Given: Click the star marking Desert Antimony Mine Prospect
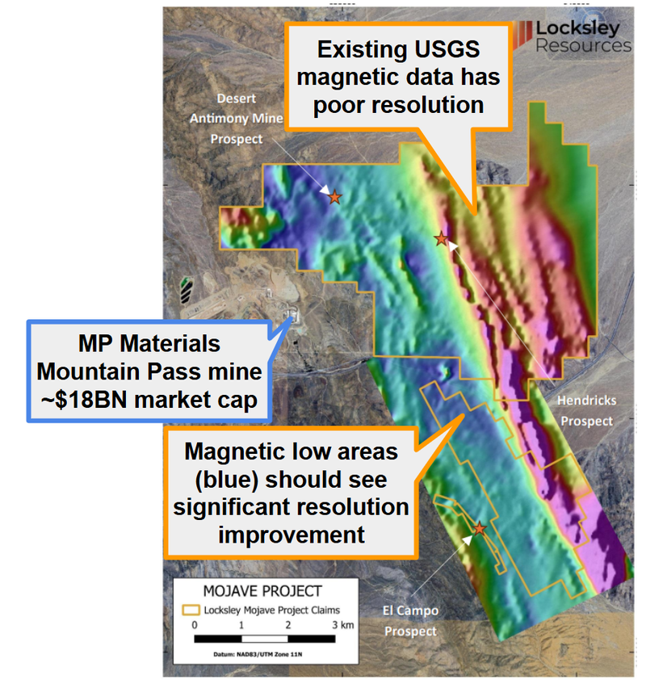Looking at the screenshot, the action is [x=334, y=197].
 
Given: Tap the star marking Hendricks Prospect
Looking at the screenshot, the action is [x=442, y=238].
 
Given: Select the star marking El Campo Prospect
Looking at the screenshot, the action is [x=480, y=529].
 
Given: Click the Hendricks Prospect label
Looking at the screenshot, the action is [x=587, y=410].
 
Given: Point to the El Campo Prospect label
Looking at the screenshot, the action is [x=410, y=621].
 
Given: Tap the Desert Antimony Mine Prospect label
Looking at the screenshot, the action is [x=237, y=119].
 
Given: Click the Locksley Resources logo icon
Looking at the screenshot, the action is [x=522, y=35].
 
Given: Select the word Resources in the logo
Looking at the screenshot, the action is [x=583, y=45].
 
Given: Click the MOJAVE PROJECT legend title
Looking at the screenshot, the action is [x=262, y=591].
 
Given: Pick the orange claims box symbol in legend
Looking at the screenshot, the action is [x=191, y=610].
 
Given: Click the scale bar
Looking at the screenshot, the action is [x=265, y=639].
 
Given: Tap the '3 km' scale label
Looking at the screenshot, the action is [x=343, y=625].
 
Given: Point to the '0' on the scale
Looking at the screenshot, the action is [x=195, y=625].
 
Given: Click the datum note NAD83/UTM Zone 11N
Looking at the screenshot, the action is [x=258, y=654].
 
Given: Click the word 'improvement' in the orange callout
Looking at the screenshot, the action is [x=292, y=535].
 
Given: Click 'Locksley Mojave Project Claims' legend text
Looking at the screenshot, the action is [x=272, y=610].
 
